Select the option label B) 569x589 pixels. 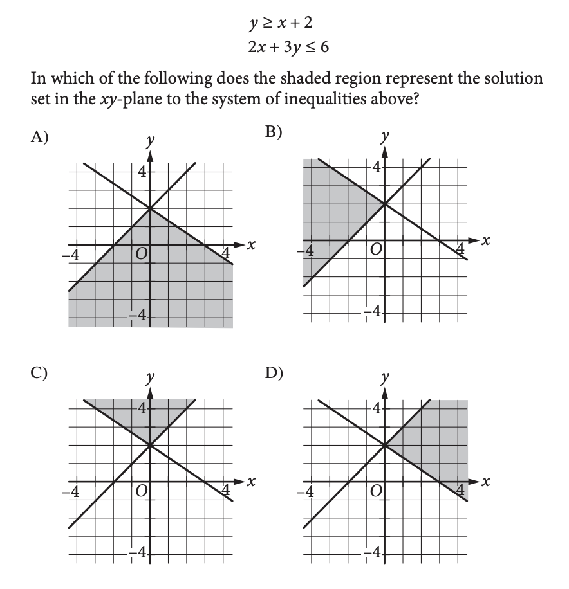click(x=275, y=132)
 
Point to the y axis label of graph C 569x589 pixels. click(x=149, y=380)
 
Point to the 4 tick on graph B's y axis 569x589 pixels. click(x=378, y=167)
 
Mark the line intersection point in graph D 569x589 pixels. click(x=384, y=444)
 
